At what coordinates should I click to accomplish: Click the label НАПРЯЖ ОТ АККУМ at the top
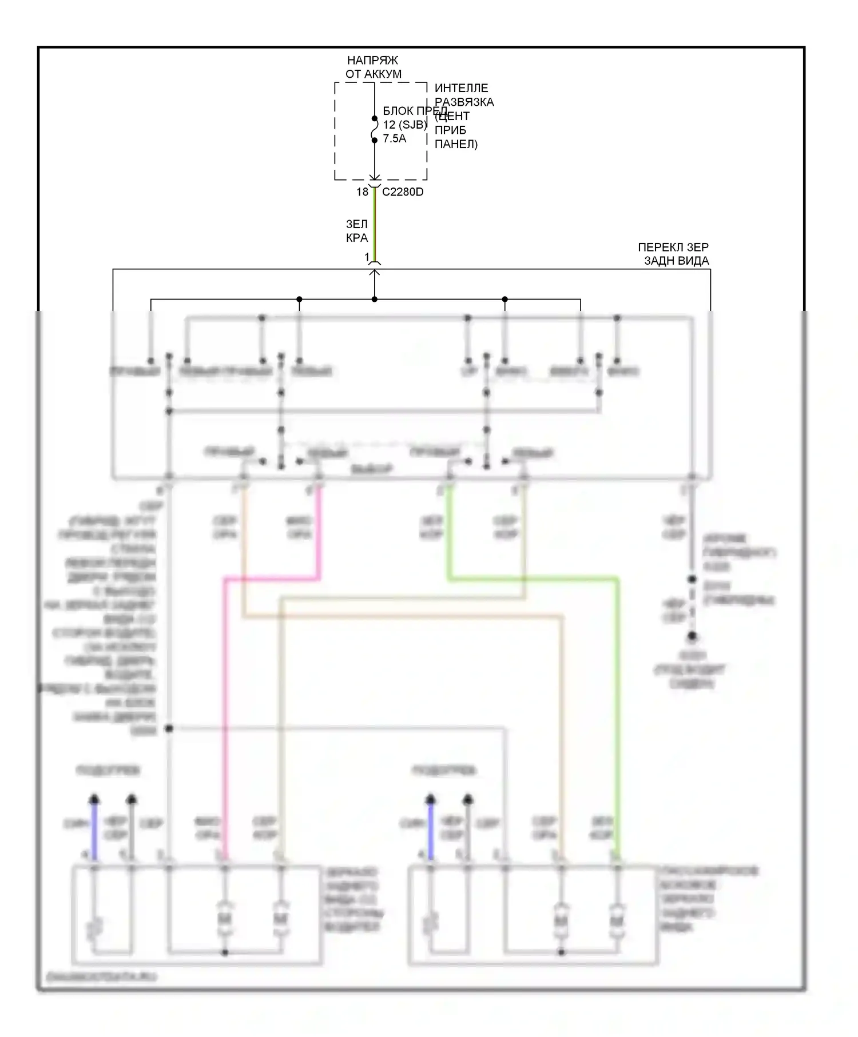(373, 67)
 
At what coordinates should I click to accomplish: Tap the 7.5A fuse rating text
(395, 138)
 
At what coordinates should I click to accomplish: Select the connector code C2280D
(403, 192)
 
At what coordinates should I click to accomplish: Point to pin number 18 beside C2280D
(362, 192)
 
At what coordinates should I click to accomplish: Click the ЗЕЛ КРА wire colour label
(356, 231)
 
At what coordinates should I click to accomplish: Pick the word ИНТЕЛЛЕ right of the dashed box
(461, 88)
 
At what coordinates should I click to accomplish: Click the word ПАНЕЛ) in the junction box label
(456, 144)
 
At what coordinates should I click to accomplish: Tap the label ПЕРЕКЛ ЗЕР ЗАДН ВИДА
(674, 254)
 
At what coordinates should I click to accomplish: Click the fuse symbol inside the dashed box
(375, 130)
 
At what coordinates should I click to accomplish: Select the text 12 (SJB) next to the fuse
(405, 125)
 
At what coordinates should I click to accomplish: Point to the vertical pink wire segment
(225, 715)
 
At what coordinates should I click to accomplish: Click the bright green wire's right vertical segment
(618, 715)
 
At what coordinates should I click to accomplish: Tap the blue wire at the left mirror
(95, 829)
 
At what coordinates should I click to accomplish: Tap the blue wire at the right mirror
(431, 829)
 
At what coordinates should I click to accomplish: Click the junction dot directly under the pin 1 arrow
(375, 299)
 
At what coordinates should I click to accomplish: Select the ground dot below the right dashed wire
(692, 636)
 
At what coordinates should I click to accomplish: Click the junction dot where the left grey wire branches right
(169, 728)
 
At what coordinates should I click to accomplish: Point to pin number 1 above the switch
(367, 257)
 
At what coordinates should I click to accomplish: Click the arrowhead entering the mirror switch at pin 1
(375, 273)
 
